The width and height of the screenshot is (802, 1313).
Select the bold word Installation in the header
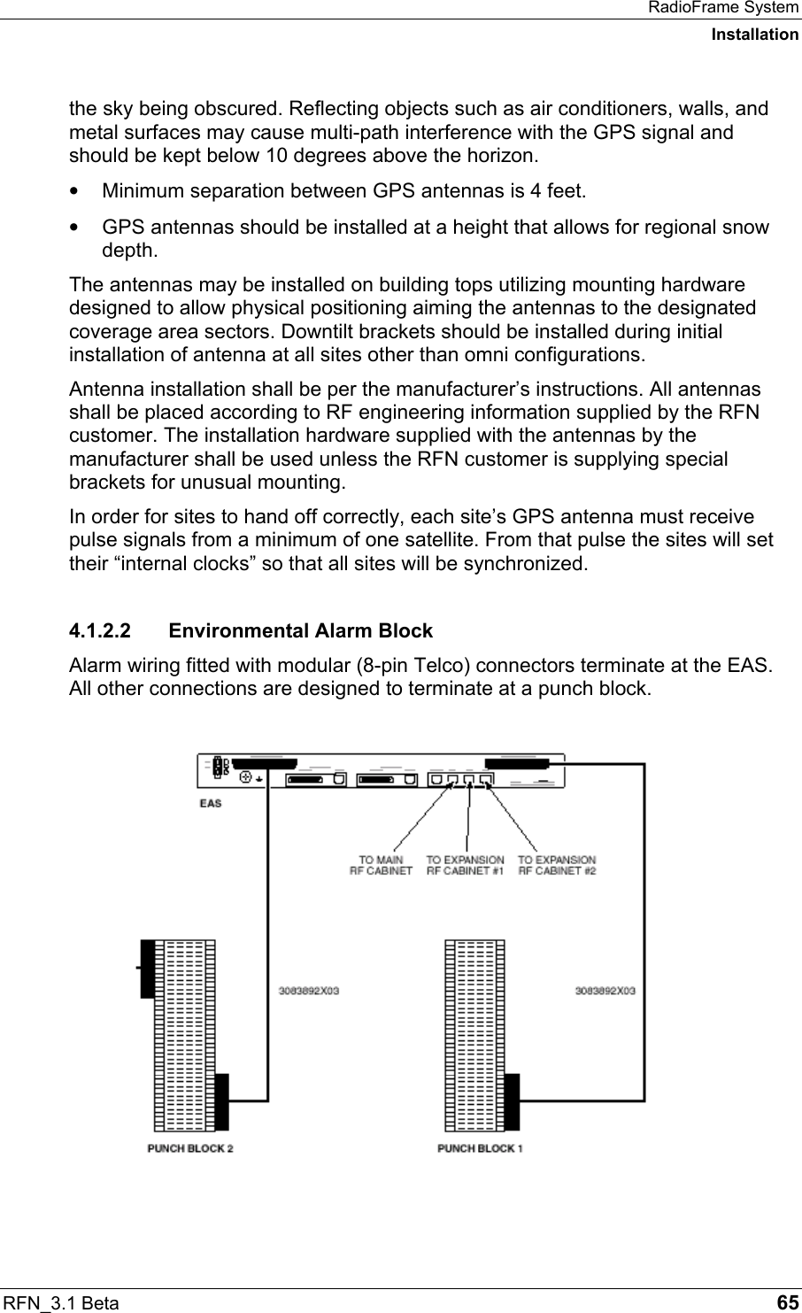[754, 35]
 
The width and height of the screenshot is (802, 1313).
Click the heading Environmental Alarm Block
[300, 631]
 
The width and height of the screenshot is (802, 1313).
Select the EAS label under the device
[211, 803]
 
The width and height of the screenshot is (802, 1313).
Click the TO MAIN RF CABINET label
[381, 865]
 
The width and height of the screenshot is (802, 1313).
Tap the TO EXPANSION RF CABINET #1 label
[465, 865]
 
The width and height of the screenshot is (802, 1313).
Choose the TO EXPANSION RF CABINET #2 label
[557, 865]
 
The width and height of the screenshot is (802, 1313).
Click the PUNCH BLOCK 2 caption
[189, 1148]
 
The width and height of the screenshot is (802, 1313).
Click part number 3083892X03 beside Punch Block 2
[309, 991]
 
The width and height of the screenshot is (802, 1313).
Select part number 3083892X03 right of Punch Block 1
[605, 991]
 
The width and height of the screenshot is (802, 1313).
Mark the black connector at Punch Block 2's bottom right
[222, 1101]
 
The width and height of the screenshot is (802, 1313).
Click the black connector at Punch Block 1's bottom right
[513, 1101]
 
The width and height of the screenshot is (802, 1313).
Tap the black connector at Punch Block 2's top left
[147, 969]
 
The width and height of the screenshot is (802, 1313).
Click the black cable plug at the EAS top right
[525, 761]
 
